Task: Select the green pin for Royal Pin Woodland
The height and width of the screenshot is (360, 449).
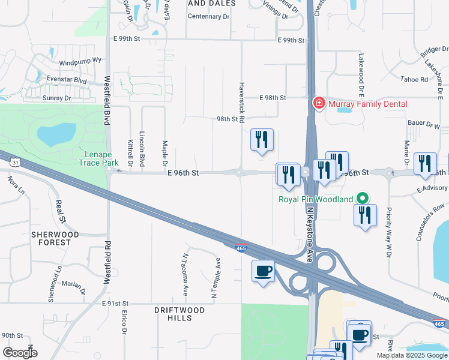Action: [362, 197]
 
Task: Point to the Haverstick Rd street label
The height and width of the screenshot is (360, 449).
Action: [241, 103]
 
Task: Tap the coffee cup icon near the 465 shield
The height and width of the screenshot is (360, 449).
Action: [263, 271]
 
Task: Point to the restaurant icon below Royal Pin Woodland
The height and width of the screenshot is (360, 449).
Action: [365, 215]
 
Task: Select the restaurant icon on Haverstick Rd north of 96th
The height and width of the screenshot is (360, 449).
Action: [262, 140]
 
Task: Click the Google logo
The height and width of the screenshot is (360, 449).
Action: [19, 352]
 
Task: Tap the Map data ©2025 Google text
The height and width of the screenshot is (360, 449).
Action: [412, 355]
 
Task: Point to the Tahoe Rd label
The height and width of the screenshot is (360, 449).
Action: [415, 79]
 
